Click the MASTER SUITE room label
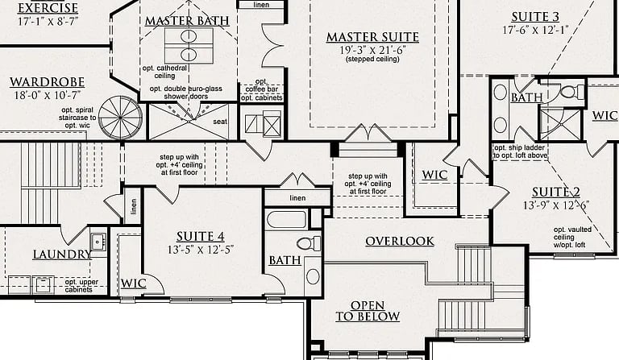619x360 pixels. pyautogui.click(x=372, y=37)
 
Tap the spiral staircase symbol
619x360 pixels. pyautogui.click(x=120, y=118)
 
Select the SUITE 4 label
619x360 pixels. pyautogui.click(x=200, y=237)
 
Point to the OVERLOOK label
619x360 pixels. pyautogui.click(x=400, y=242)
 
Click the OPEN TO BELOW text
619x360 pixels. pyautogui.click(x=368, y=311)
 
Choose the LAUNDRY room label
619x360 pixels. pyautogui.click(x=61, y=254)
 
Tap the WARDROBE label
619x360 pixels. pyautogui.click(x=47, y=82)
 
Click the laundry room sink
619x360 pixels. pyautogui.click(x=98, y=242)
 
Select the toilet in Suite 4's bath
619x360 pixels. pyautogui.click(x=309, y=243)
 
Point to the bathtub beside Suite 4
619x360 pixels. pyautogui.click(x=286, y=220)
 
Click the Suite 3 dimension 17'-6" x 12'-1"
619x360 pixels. pyautogui.click(x=535, y=30)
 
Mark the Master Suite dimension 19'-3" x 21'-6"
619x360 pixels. pyautogui.click(x=372, y=50)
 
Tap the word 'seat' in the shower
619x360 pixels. pyautogui.click(x=220, y=122)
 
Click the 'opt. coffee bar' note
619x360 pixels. pyautogui.click(x=261, y=85)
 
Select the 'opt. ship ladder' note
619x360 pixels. pyautogui.click(x=520, y=148)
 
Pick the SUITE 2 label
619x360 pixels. pyautogui.click(x=556, y=192)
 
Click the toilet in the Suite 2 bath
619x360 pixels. pyautogui.click(x=571, y=93)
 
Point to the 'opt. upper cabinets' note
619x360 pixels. pyautogui.click(x=81, y=286)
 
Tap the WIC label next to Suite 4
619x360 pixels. pyautogui.click(x=134, y=283)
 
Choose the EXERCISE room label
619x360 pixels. pyautogui.click(x=48, y=7)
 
